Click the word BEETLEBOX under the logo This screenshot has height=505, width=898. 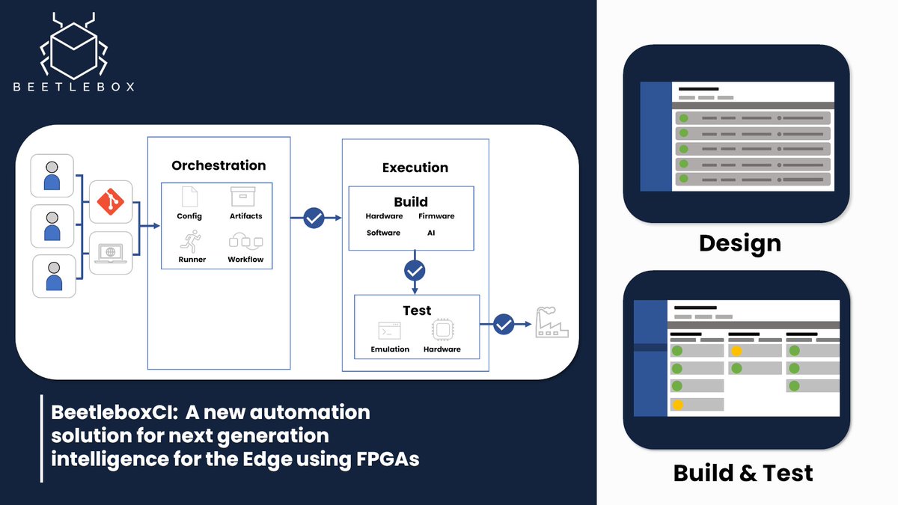tap(74, 87)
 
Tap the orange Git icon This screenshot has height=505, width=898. tap(111, 202)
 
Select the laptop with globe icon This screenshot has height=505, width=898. tap(111, 251)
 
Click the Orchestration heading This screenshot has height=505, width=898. tap(219, 165)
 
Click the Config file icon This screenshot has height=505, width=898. tap(189, 198)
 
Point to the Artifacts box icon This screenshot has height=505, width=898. tap(245, 198)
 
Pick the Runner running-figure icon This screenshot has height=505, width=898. tap(189, 241)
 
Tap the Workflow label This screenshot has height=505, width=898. tap(245, 260)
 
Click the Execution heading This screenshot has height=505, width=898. tap(415, 168)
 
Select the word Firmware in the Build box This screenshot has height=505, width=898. tap(436, 216)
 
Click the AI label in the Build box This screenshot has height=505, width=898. tap(430, 233)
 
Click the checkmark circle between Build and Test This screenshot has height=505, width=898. tap(414, 270)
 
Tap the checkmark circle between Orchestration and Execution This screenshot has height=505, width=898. tap(314, 218)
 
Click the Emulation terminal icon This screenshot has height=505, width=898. tap(390, 331)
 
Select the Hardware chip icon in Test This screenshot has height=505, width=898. tap(442, 330)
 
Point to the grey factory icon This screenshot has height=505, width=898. tap(552, 324)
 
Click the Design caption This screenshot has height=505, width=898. tap(739, 242)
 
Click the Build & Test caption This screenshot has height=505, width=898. tap(742, 473)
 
